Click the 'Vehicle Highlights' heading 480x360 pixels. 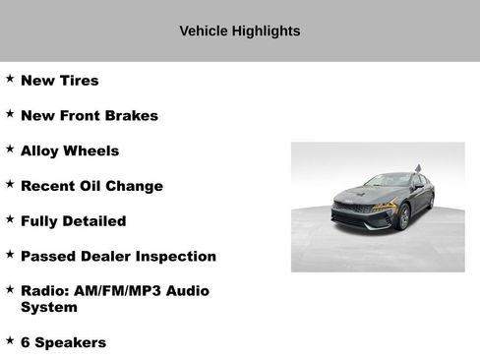coord(240,30)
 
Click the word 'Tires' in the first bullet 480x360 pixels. coord(80,81)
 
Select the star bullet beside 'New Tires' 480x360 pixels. coord(9,79)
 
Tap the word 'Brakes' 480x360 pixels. coord(134,116)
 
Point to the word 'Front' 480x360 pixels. coord(82,116)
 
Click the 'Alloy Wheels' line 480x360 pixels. coord(69,151)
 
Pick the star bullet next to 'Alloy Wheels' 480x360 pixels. coord(9,150)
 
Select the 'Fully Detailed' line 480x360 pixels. coord(73,221)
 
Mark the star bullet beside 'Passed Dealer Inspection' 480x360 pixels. coord(9,255)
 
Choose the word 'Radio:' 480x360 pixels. coord(45,291)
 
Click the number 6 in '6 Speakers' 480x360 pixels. coord(26,342)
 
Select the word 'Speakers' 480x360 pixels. coord(70,342)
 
